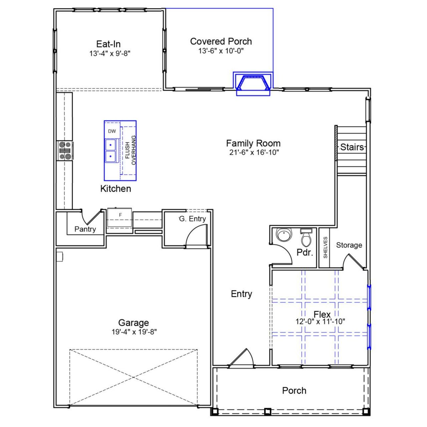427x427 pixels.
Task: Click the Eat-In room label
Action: pyautogui.click(x=108, y=44)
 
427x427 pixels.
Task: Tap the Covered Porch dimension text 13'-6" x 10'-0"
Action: pyautogui.click(x=221, y=51)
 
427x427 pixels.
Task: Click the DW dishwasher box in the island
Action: pyautogui.click(x=112, y=131)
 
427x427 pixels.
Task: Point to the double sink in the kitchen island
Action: pyautogui.click(x=111, y=150)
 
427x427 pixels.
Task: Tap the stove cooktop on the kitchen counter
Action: pyautogui.click(x=65, y=150)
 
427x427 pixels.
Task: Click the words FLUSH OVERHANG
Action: pyautogui.click(x=130, y=150)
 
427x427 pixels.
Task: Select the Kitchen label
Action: pyautogui.click(x=116, y=188)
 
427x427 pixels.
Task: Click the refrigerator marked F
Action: pyautogui.click(x=120, y=215)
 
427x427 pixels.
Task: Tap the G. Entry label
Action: pyautogui.click(x=192, y=219)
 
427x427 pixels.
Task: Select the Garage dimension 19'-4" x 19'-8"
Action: pyautogui.click(x=134, y=332)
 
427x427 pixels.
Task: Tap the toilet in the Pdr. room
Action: pyautogui.click(x=306, y=238)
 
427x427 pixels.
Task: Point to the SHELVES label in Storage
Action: pyautogui.click(x=325, y=247)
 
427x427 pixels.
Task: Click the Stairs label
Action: pyautogui.click(x=352, y=147)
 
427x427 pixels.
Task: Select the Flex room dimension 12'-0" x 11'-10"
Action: pyautogui.click(x=320, y=322)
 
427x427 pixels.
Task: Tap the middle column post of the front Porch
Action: pyautogui.click(x=267, y=411)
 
